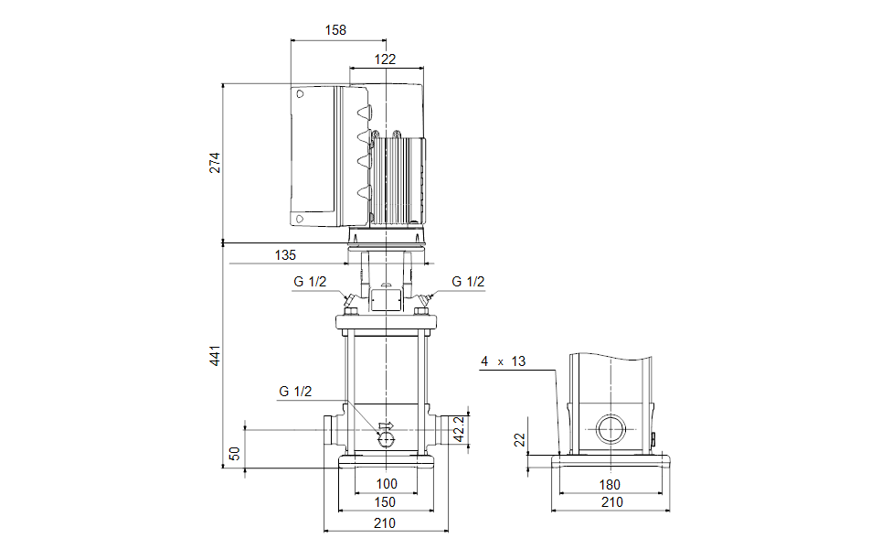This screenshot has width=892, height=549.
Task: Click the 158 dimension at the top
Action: click(x=336, y=30)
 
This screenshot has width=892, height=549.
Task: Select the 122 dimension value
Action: click(x=385, y=59)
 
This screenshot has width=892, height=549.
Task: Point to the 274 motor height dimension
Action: click(x=215, y=163)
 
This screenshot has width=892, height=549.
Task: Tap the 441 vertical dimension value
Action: click(x=215, y=356)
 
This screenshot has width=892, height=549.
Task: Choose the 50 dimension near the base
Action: click(x=236, y=453)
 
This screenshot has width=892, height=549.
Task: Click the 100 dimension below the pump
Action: click(x=387, y=484)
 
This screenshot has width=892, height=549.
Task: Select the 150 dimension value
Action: click(x=385, y=502)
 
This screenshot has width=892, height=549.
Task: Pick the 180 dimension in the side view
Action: click(x=610, y=484)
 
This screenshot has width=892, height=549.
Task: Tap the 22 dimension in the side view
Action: click(x=520, y=440)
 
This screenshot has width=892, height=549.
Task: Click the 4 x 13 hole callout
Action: click(x=504, y=362)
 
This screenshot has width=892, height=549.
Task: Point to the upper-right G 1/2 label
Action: click(x=468, y=282)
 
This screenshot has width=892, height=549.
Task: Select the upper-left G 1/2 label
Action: click(x=310, y=282)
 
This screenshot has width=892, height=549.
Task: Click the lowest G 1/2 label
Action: click(x=295, y=392)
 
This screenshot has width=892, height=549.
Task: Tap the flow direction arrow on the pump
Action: click(x=386, y=425)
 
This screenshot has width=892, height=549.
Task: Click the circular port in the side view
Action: click(x=609, y=428)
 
